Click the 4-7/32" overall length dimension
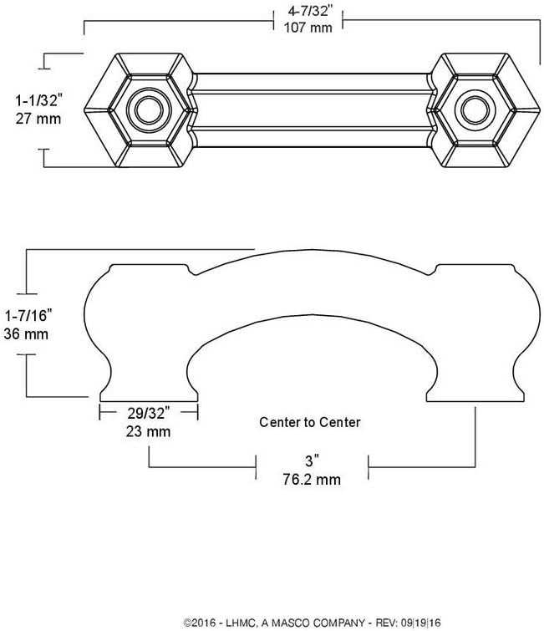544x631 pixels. (308, 13)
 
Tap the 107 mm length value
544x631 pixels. (308, 28)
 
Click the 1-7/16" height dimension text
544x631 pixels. (28, 316)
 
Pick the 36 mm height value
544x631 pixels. (28, 333)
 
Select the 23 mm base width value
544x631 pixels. (147, 432)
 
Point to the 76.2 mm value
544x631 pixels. (312, 479)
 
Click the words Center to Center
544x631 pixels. (310, 423)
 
